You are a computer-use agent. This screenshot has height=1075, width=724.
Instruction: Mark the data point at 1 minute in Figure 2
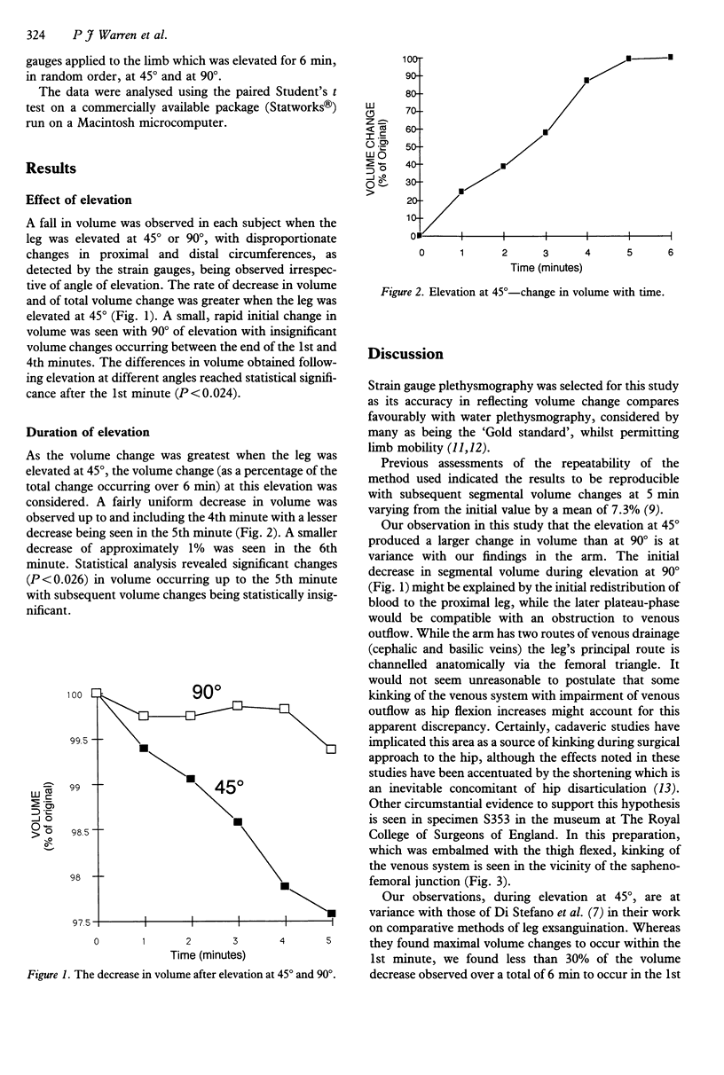point(461,192)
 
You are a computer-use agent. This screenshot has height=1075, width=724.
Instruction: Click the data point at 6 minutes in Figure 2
point(670,58)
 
